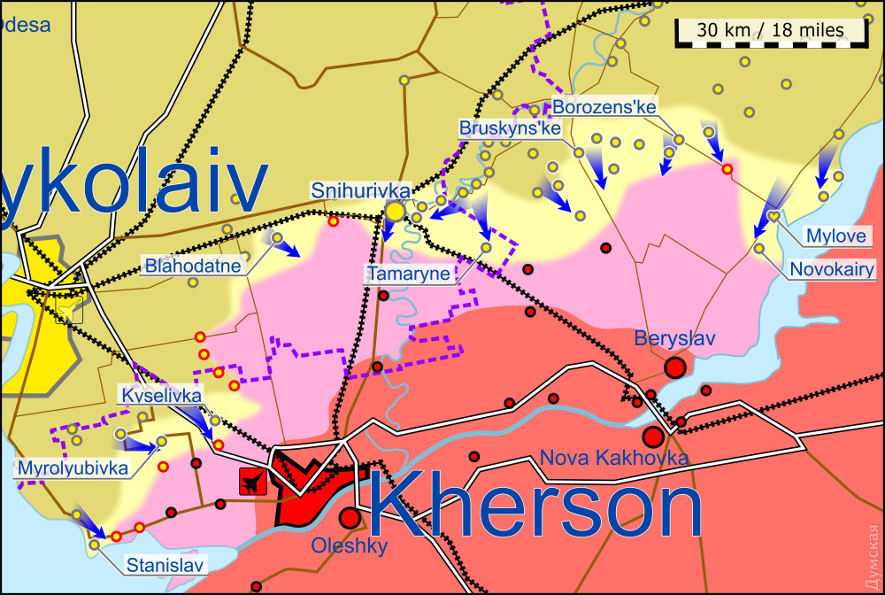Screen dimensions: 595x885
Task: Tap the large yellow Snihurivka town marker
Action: (395, 212)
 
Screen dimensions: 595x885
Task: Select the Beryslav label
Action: (674, 338)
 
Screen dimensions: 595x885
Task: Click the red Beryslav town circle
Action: (676, 367)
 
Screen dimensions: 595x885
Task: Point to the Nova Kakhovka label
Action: (613, 458)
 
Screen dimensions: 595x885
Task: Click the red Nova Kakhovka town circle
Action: (653, 437)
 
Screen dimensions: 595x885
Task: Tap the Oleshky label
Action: (349, 546)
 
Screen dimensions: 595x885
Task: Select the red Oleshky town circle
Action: (350, 517)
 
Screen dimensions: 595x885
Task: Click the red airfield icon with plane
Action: (253, 483)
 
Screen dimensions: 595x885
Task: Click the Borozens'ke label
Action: (604, 107)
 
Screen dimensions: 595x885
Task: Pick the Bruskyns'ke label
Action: (511, 128)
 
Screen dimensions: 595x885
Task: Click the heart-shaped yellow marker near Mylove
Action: (773, 215)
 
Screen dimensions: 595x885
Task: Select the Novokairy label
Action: (832, 268)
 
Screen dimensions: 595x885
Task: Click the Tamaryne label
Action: (409, 274)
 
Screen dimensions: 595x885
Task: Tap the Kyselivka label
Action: (161, 395)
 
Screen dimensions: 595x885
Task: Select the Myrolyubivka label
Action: (72, 467)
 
